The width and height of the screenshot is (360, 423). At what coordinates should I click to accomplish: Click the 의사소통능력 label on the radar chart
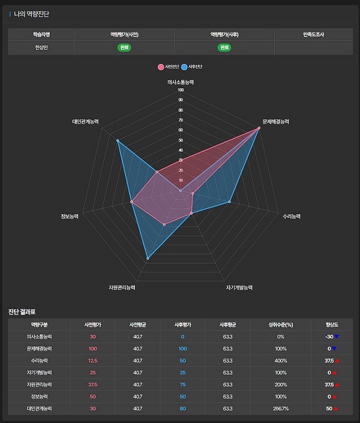click(x=181, y=82)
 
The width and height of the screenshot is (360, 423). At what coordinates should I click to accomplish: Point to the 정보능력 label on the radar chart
click(x=70, y=216)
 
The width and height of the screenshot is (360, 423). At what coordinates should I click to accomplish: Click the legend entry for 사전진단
click(x=167, y=66)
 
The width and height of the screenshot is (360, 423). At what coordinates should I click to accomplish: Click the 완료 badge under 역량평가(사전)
click(x=124, y=47)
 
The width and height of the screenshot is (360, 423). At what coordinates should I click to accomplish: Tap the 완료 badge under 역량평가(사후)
click(x=224, y=47)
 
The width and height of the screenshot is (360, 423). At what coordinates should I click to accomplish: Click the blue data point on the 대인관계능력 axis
click(x=118, y=141)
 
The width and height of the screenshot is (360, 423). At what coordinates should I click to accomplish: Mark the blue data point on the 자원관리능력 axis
click(x=148, y=259)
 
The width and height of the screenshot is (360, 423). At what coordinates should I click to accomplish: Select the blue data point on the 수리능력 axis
click(x=229, y=202)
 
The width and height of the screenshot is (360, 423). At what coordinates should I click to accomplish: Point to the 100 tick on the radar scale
click(x=181, y=91)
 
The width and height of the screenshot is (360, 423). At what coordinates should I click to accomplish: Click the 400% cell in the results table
click(x=281, y=360)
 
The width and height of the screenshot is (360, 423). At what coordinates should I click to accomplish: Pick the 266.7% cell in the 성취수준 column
click(x=281, y=409)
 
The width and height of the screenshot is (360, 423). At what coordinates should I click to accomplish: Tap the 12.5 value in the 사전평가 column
click(x=92, y=360)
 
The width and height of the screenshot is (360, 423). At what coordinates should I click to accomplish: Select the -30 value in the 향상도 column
click(x=329, y=337)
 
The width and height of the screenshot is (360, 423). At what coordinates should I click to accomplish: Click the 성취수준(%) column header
click(x=281, y=325)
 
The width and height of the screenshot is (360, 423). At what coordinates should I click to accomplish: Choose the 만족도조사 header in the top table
click(x=313, y=34)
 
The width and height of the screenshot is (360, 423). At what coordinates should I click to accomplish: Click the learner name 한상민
click(x=41, y=47)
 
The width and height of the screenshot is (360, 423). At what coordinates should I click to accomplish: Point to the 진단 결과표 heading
click(x=22, y=311)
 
